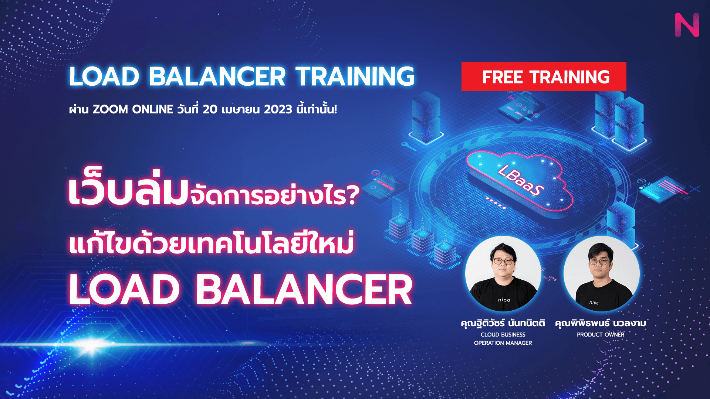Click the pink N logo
coord(687,25)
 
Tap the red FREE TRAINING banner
coord(544,76)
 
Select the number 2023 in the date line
coord(278,109)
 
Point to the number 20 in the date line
coord(210,109)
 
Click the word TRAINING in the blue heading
coord(355,76)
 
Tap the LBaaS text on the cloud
coord(521,180)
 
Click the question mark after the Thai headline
coord(353,195)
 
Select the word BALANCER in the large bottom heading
coord(304,290)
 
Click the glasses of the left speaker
coord(503,262)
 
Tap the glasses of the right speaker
coord(599,262)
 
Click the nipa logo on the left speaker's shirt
coord(504,300)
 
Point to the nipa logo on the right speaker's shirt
coord(594,303)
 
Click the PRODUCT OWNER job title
coord(601,335)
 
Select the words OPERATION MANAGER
coord(503,343)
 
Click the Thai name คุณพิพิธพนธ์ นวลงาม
coord(601,323)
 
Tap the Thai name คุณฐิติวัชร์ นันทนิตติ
coord(503,323)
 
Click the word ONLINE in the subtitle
coord(153,109)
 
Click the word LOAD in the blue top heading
coord(104,76)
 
